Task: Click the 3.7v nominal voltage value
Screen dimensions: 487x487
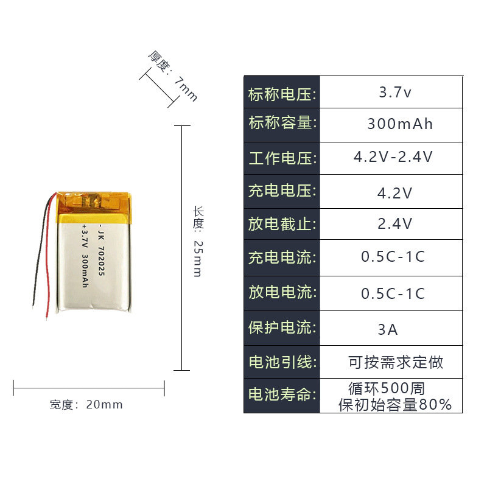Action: (395, 93)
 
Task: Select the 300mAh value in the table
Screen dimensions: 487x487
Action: (400, 124)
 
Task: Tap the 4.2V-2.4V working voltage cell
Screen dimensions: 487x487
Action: (393, 157)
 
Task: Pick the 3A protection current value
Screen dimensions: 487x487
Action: (388, 329)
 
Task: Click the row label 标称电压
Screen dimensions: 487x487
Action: (282, 94)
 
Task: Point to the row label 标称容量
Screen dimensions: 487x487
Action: (282, 124)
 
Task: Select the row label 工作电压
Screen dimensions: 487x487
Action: (282, 158)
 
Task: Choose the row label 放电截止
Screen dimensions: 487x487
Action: (282, 224)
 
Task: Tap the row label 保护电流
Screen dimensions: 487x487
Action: (282, 328)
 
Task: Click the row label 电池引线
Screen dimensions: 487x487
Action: (282, 362)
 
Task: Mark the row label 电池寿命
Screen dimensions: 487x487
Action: (282, 394)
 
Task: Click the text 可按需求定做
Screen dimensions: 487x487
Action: (396, 363)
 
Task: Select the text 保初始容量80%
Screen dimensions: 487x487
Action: (395, 404)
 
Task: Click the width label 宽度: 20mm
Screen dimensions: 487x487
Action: (86, 405)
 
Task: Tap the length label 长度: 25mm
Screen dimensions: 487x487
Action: (198, 241)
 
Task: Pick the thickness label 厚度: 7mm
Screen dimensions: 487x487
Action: (172, 75)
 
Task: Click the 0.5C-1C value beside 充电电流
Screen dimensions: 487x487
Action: (393, 257)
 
